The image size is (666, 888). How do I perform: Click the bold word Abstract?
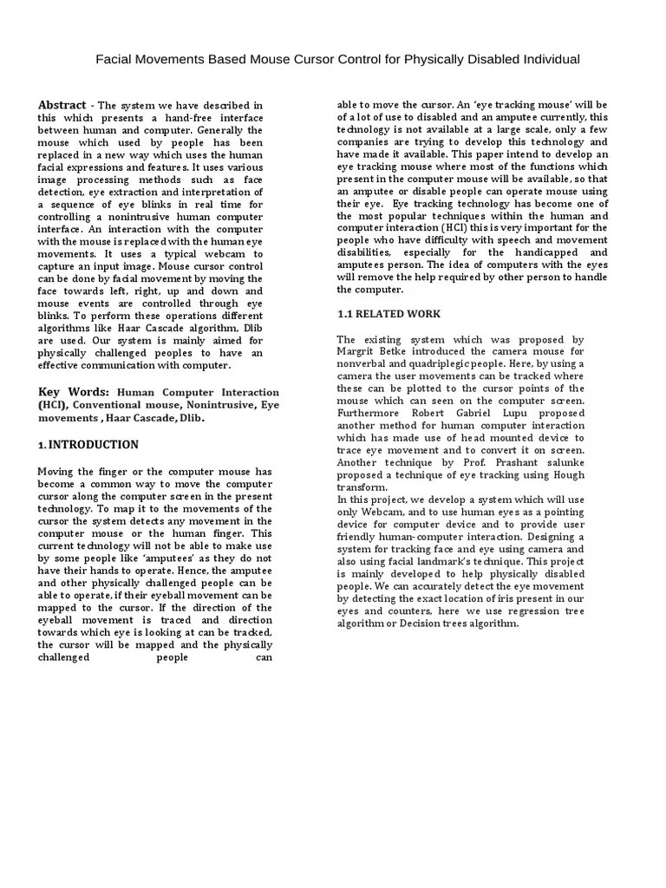[x=62, y=105]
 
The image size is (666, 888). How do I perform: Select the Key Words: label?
[x=74, y=391]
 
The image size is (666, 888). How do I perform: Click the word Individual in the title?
[x=545, y=59]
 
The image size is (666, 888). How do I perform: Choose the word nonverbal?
[x=360, y=364]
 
